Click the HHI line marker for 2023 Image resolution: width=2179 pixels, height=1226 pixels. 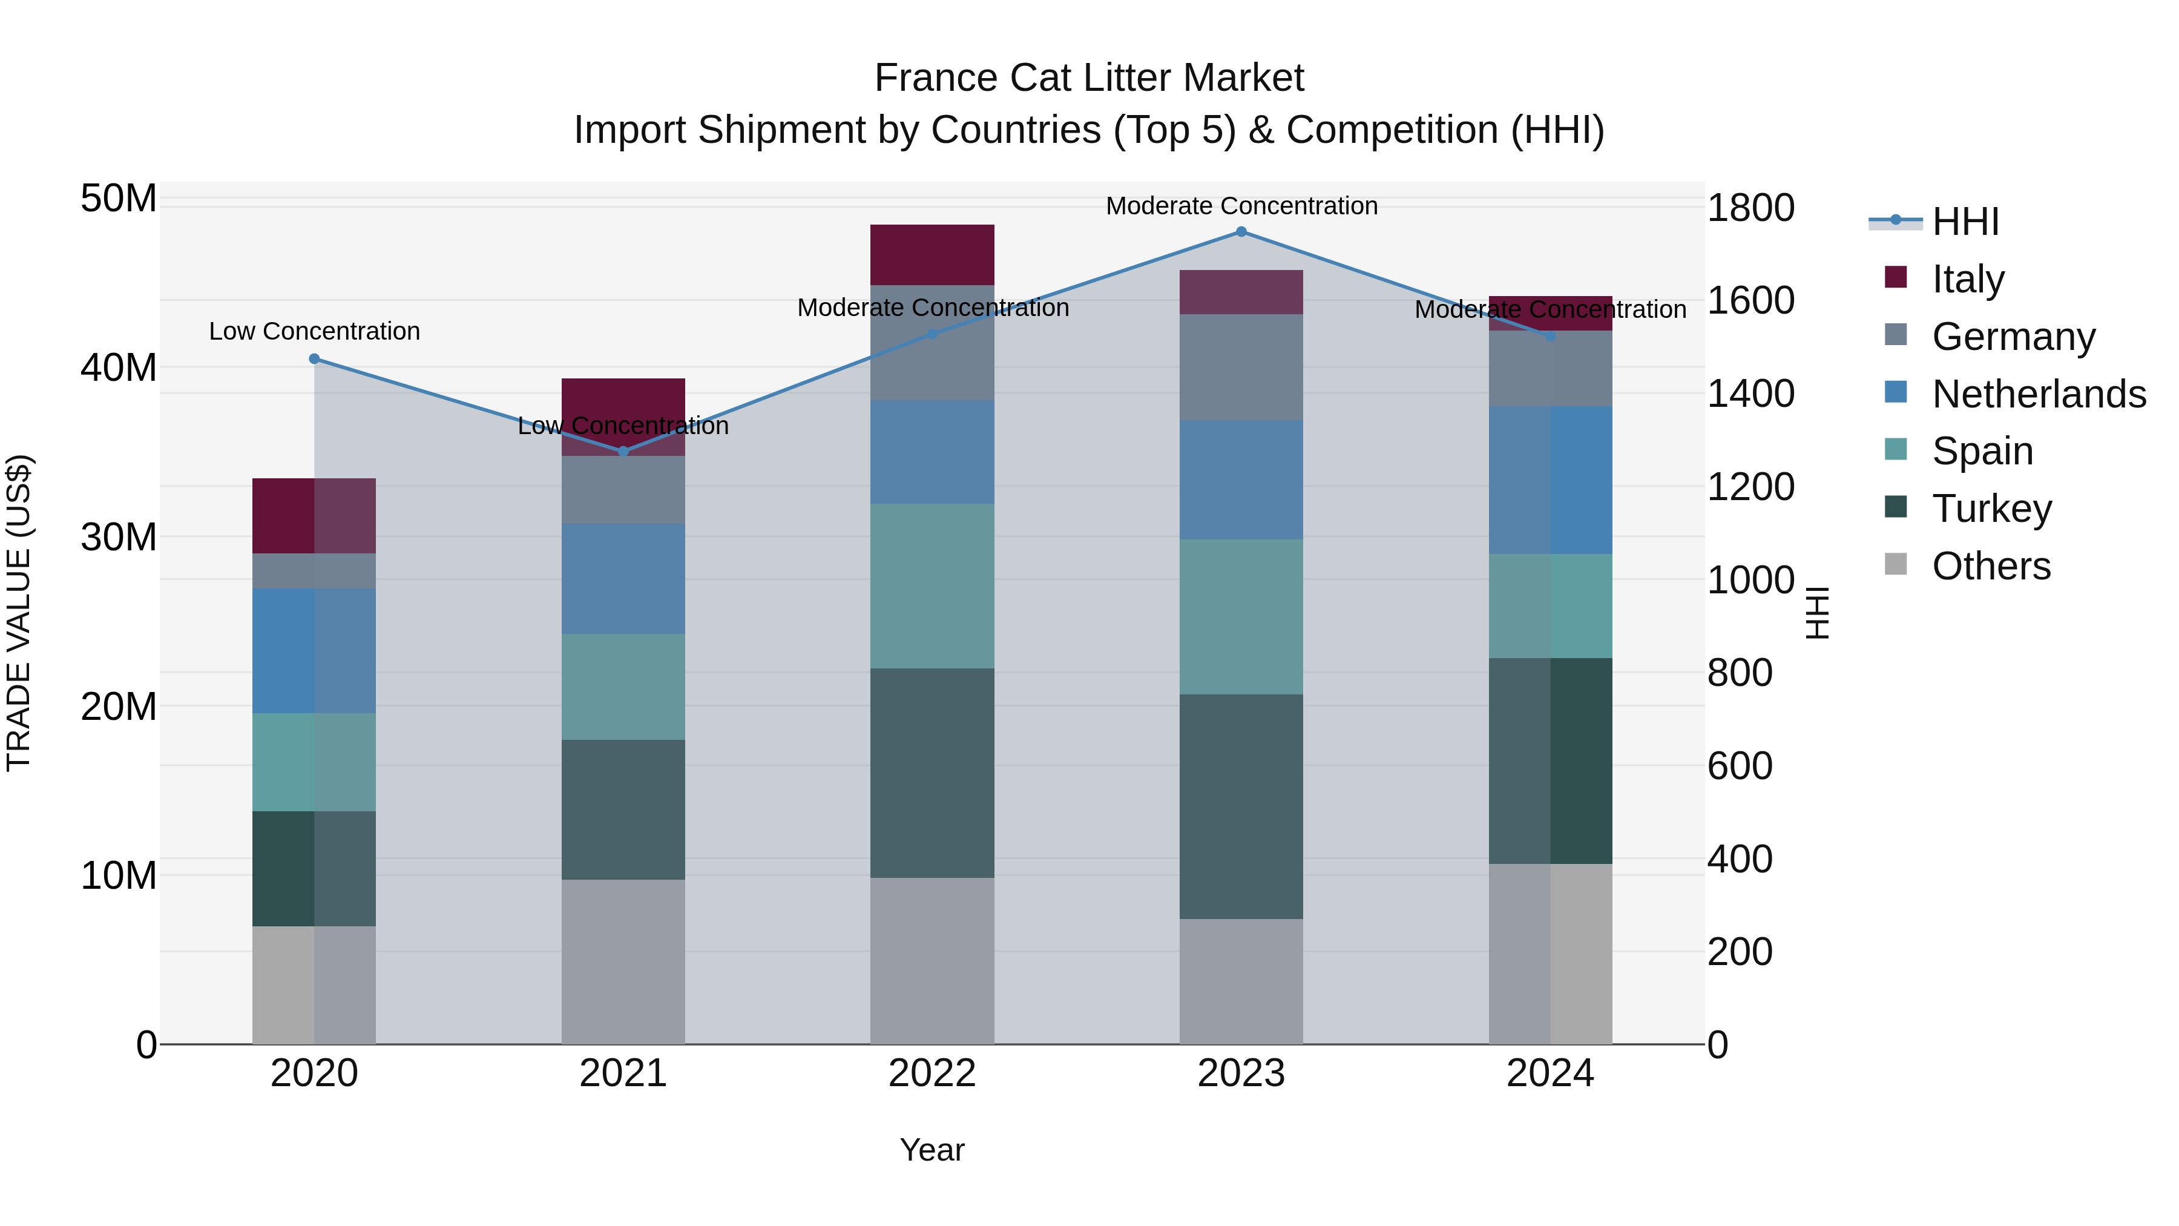coord(1241,232)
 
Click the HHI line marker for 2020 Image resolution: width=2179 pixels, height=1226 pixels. coord(315,359)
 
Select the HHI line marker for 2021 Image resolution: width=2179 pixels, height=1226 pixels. coord(623,452)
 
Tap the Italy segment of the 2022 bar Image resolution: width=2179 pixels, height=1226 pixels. coord(932,255)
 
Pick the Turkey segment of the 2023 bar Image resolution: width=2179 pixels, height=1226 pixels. coord(1241,806)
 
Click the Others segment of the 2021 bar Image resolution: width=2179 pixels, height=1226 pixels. coord(623,961)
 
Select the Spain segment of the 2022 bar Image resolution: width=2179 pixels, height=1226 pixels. coord(932,585)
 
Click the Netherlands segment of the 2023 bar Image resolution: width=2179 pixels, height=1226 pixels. coord(1241,480)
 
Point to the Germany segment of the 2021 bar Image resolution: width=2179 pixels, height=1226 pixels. coord(623,489)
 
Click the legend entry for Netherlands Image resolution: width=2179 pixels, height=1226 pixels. coord(2039,394)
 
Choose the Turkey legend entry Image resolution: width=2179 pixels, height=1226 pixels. coord(1991,509)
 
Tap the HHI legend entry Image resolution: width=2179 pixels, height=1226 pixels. coord(1965,222)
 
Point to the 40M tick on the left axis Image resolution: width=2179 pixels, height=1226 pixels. coord(119,368)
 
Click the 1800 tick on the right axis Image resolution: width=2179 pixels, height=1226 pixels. coord(1750,208)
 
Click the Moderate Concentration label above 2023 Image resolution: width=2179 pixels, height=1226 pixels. coord(1241,206)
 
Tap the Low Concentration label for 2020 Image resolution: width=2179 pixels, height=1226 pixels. coord(315,332)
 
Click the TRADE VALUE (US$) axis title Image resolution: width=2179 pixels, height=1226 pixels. coord(19,613)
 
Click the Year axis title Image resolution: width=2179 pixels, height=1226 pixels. coord(932,1150)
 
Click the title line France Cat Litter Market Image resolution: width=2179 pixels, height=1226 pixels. coord(1089,78)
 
